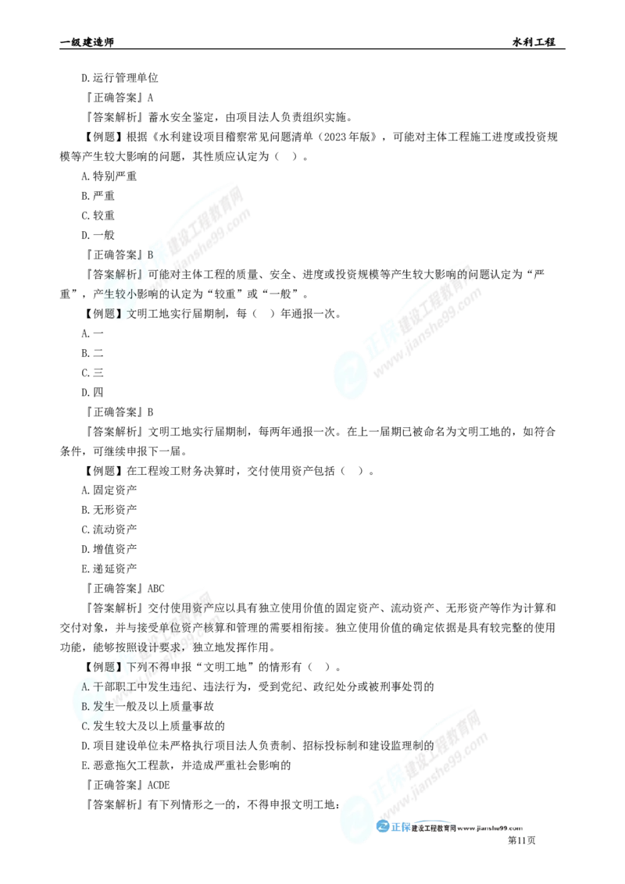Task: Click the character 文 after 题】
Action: coord(131,314)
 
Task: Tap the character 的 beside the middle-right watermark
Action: coord(462,274)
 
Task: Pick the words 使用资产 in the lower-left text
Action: coord(195,608)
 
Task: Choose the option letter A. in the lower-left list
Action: coord(86,687)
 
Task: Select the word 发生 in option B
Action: coord(102,706)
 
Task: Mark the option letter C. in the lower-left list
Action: coord(86,725)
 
